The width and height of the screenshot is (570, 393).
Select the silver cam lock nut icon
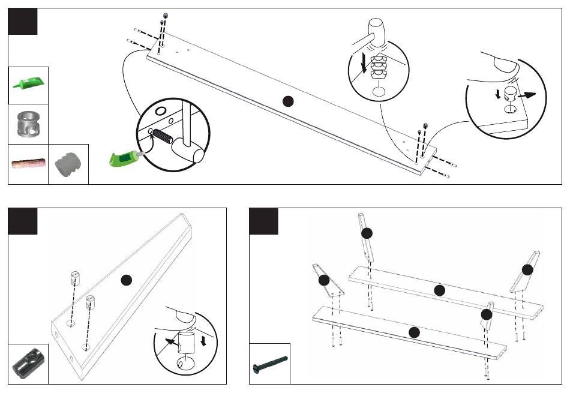[28, 124]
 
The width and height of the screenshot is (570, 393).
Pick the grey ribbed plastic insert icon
[67, 163]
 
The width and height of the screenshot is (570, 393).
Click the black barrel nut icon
[28, 364]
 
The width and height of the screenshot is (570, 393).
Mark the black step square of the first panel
[23, 22]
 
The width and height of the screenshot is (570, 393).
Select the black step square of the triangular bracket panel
[23, 221]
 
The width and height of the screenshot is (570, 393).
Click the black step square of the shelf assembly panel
[263, 221]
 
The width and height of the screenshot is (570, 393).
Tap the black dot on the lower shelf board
[414, 332]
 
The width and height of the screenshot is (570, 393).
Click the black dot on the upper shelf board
[439, 290]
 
